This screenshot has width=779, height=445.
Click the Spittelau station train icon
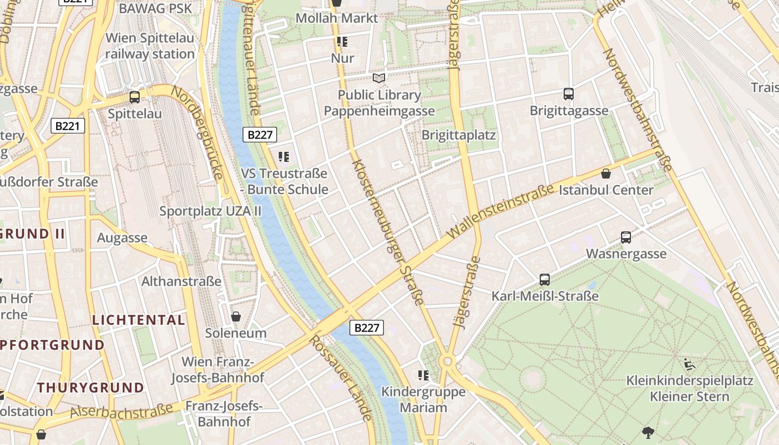pyautogui.click(x=134, y=97)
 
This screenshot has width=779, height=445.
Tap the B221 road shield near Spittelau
pyautogui.click(x=68, y=126)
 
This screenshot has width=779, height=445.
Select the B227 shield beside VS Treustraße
pyautogui.click(x=259, y=134)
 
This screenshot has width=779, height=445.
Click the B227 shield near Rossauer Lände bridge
pyautogui.click(x=367, y=328)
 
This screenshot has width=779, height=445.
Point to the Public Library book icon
pyautogui.click(x=379, y=78)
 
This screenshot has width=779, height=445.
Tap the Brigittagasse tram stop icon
pyautogui.click(x=568, y=93)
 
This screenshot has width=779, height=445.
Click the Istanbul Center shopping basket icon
pyautogui.click(x=606, y=174)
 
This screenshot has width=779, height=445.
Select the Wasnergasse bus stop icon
pyautogui.click(x=626, y=238)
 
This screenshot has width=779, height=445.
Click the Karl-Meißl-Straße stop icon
pyautogui.click(x=545, y=279)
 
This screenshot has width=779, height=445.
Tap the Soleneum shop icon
pyautogui.click(x=236, y=317)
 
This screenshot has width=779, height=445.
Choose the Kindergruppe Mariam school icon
pyautogui.click(x=423, y=375)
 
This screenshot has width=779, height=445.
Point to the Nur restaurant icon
pyautogui.click(x=342, y=42)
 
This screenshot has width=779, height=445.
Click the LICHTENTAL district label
pyautogui.click(x=139, y=320)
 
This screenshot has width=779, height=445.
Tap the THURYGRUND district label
pyautogui.click(x=91, y=387)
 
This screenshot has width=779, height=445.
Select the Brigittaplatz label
pyautogui.click(x=458, y=135)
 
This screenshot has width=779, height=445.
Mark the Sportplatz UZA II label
pyautogui.click(x=210, y=211)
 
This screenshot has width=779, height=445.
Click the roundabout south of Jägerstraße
pyautogui.click(x=447, y=362)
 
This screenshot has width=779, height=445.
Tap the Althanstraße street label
pyautogui.click(x=181, y=281)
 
